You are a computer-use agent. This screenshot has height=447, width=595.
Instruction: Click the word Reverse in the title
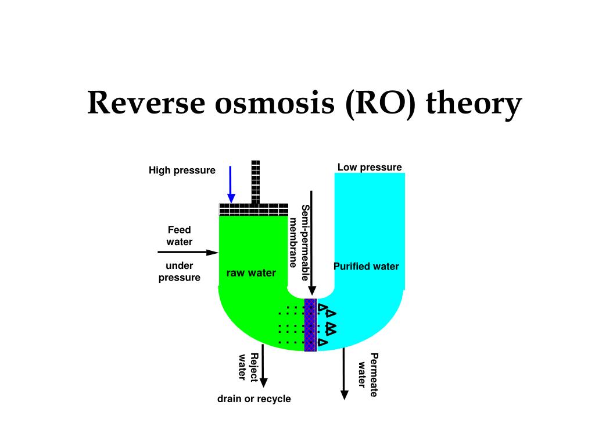coord(146,102)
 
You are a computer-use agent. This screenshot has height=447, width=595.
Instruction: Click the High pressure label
coord(182,171)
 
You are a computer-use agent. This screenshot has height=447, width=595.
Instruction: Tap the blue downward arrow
coord(231,185)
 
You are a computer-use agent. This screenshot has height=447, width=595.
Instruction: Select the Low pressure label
coord(370,167)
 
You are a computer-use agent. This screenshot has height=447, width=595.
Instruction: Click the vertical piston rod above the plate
coord(256,182)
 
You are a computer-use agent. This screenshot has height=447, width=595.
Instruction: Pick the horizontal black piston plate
coord(254,210)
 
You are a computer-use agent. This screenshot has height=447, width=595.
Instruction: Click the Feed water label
coord(180,236)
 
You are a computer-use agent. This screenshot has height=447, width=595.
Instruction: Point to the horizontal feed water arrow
coord(188,252)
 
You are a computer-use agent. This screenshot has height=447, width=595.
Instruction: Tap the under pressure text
coord(180,271)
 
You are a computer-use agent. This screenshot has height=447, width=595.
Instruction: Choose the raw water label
coord(251,273)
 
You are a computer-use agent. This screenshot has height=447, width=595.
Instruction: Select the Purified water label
coord(366,267)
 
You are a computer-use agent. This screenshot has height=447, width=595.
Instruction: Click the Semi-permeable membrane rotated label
coord(299,243)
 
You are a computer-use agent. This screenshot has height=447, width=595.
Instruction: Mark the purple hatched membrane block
coord(310,325)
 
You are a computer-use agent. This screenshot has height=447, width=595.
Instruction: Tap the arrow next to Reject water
coord(263,366)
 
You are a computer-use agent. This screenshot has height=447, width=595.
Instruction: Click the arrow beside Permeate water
coord(344,374)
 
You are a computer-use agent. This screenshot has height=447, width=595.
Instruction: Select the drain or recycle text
coord(254,399)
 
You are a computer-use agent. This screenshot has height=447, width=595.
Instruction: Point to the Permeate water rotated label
coord(368,375)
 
